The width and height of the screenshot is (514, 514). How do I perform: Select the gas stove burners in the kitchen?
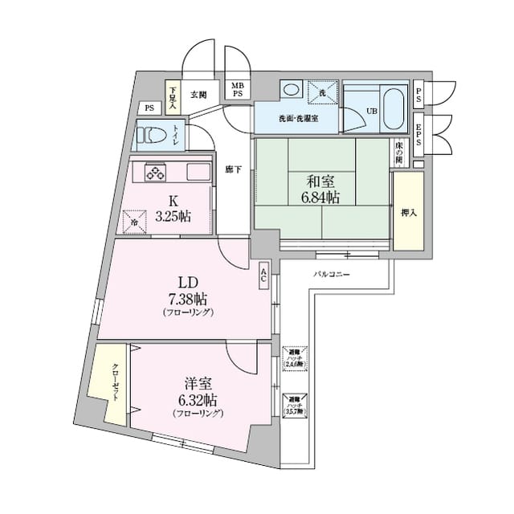[x=155, y=171]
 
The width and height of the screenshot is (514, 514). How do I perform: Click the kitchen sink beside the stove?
[x=198, y=171]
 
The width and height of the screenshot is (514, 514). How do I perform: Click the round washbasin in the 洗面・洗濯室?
[x=291, y=89]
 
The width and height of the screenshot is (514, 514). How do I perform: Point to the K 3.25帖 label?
[x=174, y=209]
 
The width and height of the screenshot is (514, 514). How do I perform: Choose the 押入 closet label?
[x=409, y=213]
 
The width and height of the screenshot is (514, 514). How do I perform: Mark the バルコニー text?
[x=332, y=275]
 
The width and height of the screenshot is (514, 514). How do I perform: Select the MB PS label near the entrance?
[x=239, y=89]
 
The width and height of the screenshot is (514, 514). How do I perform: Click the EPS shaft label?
[x=419, y=134]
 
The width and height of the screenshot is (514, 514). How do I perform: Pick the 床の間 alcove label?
[x=398, y=152]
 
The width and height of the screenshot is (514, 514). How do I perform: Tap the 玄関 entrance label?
[x=198, y=94]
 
